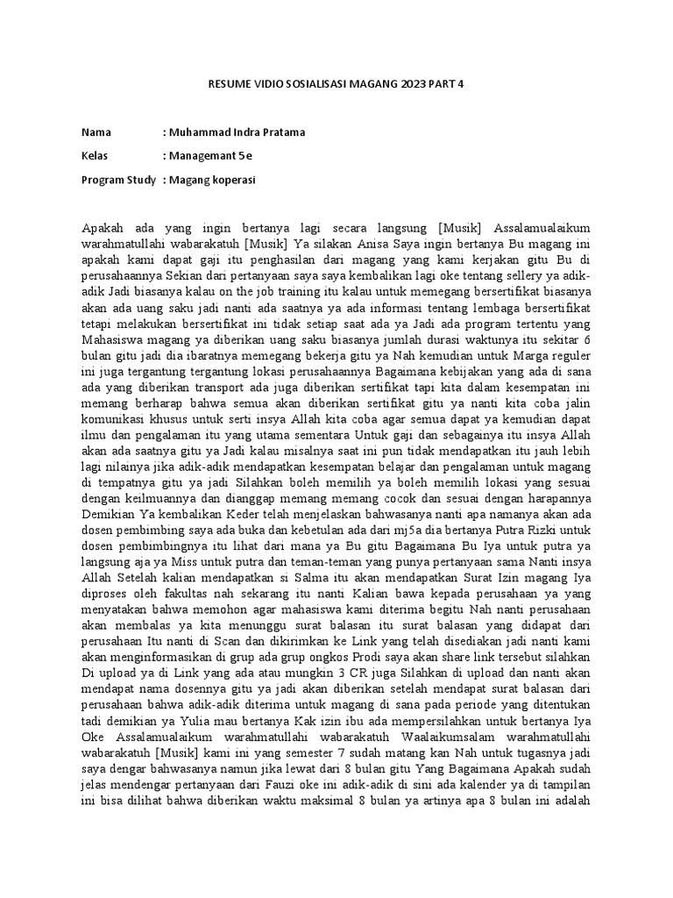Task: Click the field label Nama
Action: (x=96, y=132)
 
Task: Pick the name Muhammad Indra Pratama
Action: (x=234, y=132)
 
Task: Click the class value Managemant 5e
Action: (x=208, y=156)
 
